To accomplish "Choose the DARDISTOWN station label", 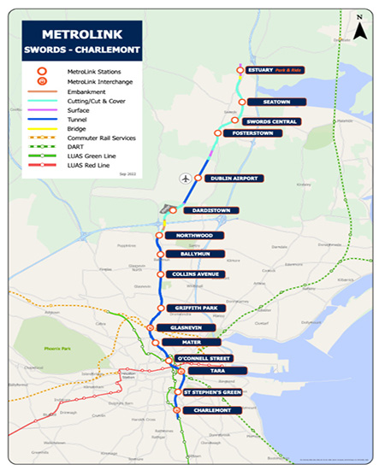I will click(209, 210).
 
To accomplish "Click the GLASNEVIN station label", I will click(186, 327).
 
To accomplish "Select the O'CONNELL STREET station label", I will click(203, 358).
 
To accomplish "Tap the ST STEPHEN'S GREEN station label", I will click(213, 392).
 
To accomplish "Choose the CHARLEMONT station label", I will click(211, 410).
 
